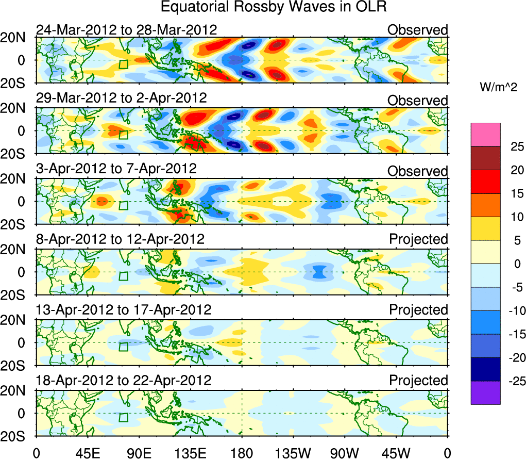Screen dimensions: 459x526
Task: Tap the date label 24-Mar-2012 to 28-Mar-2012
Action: click(126, 30)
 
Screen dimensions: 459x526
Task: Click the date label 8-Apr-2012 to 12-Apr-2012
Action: click(120, 239)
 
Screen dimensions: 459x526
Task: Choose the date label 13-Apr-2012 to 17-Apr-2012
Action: click(124, 310)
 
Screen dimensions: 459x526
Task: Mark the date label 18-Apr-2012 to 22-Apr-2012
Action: click(124, 381)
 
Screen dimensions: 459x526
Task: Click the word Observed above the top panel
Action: click(418, 30)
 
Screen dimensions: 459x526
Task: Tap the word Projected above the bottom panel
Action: click(418, 381)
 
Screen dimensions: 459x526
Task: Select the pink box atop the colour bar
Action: click(485, 135)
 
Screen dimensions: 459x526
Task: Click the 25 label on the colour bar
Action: click(512, 146)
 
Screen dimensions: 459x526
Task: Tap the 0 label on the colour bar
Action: click(514, 264)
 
